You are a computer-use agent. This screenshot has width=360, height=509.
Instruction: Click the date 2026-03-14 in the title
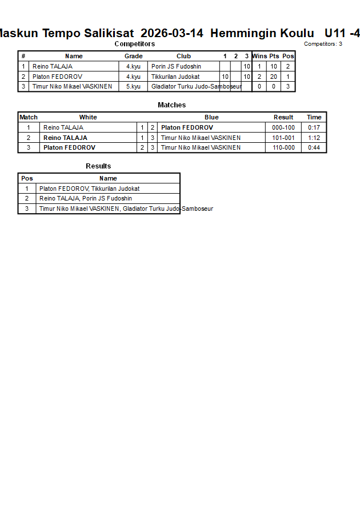pos(171,33)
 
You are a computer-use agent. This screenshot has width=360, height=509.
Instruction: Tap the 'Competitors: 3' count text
pos(323,44)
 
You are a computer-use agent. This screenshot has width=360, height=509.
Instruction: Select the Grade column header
pos(134,56)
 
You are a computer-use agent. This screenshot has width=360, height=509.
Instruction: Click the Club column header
pos(183,56)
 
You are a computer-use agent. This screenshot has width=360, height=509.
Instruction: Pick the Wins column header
pos(259,56)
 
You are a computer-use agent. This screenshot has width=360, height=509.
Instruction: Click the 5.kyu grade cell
pos(133,87)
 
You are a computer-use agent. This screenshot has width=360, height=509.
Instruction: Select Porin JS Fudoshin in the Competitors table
pos(176,66)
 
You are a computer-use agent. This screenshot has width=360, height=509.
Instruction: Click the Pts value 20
pos(274,77)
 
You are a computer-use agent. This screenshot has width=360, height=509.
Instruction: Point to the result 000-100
pos(283,127)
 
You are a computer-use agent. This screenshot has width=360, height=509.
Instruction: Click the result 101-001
pos(283,138)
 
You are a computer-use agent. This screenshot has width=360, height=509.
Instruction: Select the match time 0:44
pos(314,147)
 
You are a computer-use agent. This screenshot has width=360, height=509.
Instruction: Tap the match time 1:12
pos(314,138)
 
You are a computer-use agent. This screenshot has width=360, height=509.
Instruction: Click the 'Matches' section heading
pos(171,105)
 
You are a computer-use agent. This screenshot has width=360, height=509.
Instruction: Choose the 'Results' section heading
pos(98,166)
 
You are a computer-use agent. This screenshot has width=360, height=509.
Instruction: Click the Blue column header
pos(211,117)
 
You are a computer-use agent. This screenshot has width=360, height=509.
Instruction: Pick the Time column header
pos(314,117)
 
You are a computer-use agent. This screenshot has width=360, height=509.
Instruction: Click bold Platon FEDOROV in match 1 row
pos(187,127)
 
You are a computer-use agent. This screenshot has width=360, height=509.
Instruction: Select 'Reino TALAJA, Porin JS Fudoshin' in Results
pos(86,198)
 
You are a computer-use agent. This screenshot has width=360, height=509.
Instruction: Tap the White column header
pos(88,117)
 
